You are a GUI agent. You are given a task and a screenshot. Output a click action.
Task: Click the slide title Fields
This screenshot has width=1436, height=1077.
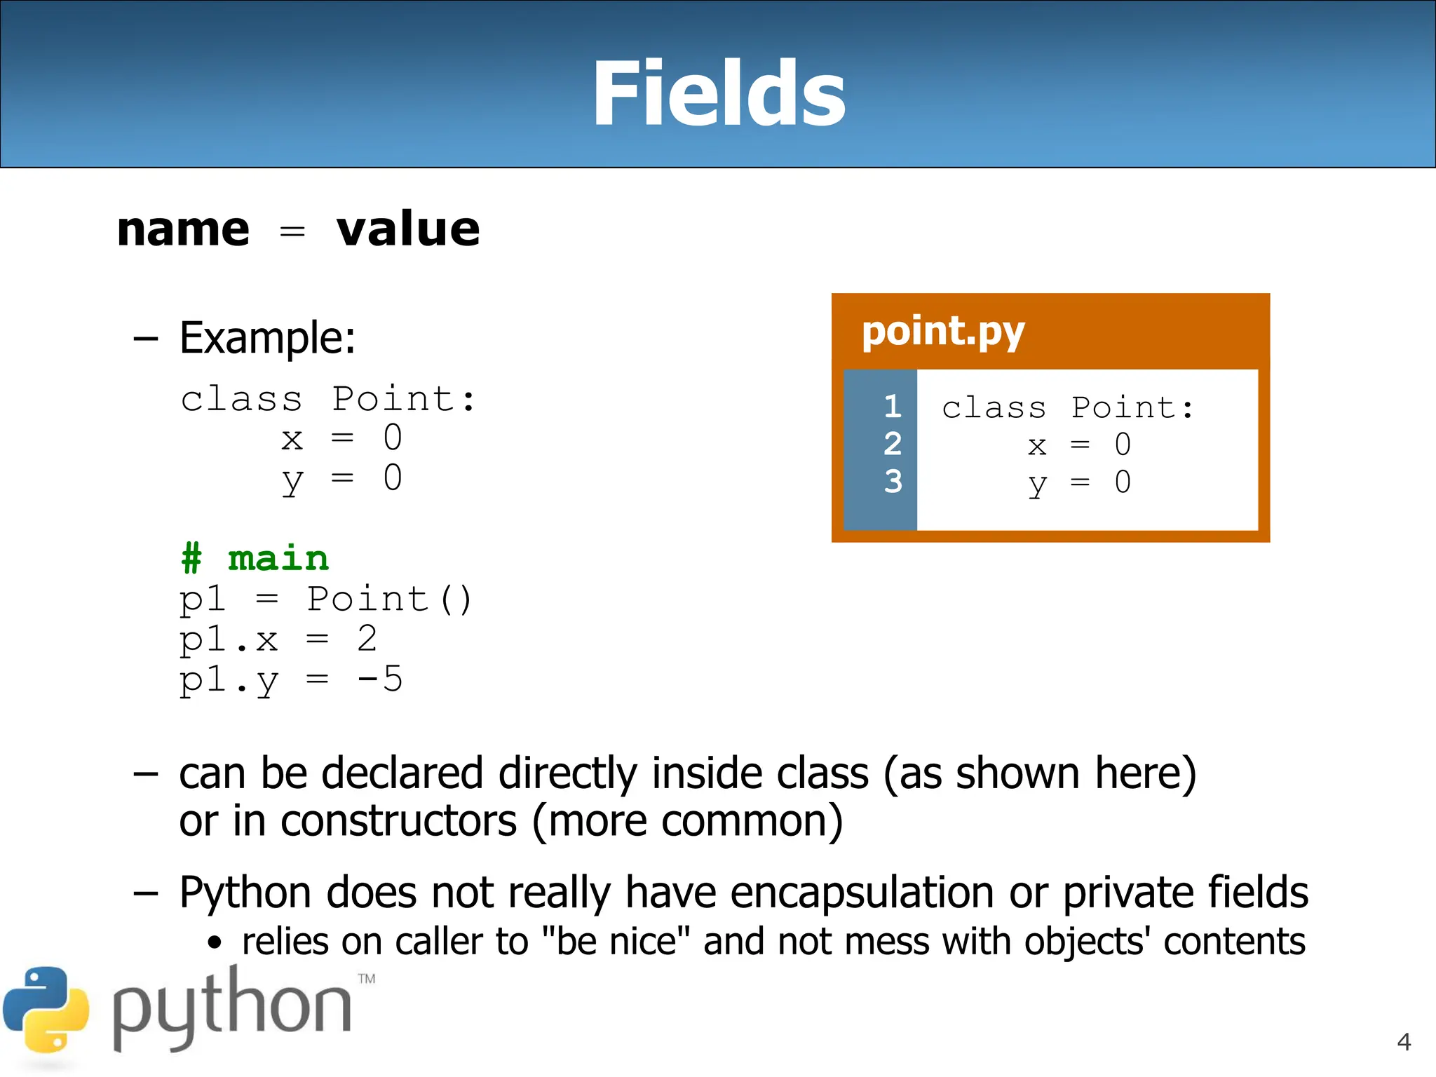[719, 94]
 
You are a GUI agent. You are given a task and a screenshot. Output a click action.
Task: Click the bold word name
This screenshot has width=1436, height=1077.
[183, 230]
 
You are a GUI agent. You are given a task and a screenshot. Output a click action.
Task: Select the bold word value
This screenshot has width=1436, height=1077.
[408, 230]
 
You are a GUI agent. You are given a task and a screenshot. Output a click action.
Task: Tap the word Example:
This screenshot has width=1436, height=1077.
[267, 338]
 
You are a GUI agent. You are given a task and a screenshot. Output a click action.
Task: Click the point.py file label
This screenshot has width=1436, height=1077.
[942, 332]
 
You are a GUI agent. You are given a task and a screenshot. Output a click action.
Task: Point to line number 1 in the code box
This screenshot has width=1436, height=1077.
[892, 407]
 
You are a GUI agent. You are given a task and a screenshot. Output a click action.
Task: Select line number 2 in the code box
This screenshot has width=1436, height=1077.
[892, 444]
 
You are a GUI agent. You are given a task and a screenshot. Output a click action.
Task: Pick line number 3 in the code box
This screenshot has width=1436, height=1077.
[892, 482]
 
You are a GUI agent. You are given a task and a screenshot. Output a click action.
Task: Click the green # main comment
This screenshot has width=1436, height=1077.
[255, 559]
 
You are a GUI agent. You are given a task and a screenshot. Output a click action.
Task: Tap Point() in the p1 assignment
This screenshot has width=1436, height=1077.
[389, 600]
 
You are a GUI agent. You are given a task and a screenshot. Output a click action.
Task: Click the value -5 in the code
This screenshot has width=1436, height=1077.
[379, 679]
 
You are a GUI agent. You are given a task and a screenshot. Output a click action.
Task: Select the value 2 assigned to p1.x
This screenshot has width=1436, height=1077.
[367, 639]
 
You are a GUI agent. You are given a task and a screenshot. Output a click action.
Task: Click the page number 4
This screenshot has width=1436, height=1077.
[1404, 1042]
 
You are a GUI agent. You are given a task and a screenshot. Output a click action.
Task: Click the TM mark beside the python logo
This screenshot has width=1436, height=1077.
[367, 979]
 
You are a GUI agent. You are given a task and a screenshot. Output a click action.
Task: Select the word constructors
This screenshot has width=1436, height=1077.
[398, 821]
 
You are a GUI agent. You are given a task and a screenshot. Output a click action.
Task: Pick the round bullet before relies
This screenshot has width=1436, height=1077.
[215, 944]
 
